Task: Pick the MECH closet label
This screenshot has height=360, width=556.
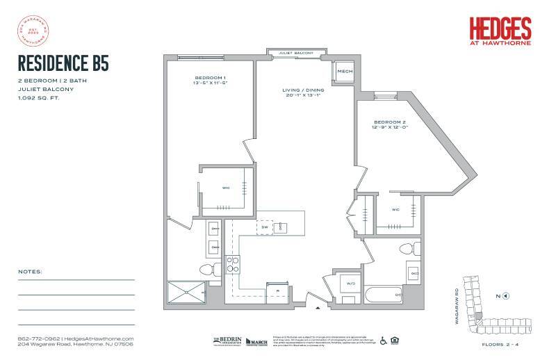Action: pyautogui.click(x=345, y=72)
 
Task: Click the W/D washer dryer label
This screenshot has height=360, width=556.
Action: pyautogui.click(x=350, y=283)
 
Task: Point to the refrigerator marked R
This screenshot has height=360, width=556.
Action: pyautogui.click(x=277, y=291)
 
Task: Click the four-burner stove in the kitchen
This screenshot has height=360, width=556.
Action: pyautogui.click(x=233, y=265)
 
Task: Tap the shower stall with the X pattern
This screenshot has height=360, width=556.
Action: pyautogui.click(x=187, y=291)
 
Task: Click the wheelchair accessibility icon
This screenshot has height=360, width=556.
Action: pyautogui.click(x=383, y=341)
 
